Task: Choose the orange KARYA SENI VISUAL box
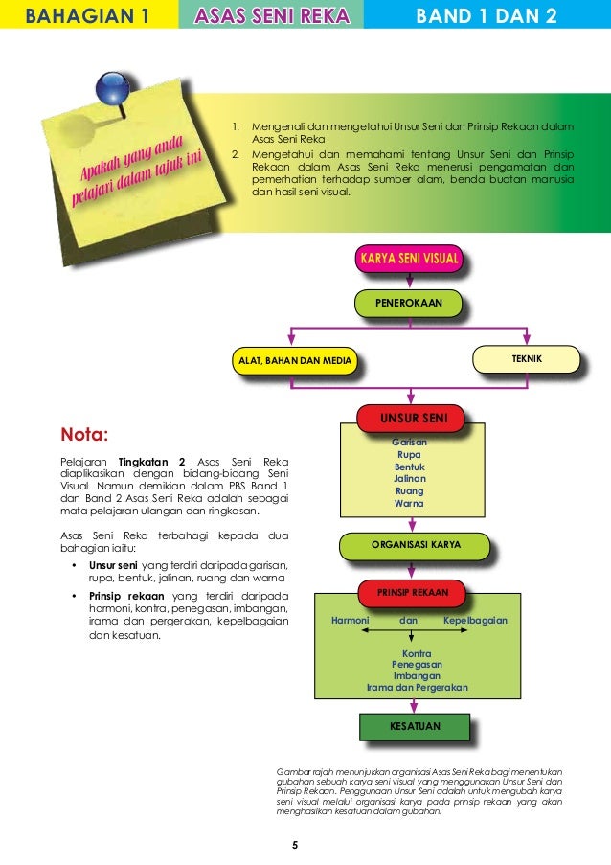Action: pos(409,258)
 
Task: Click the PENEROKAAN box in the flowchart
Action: pos(408,304)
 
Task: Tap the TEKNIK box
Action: pos(527,357)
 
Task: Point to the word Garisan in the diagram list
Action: pos(410,442)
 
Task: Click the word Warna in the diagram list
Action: pos(410,504)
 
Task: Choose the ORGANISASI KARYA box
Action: pos(416,544)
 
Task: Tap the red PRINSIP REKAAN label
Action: pos(411,593)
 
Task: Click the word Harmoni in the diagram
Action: pos(350,621)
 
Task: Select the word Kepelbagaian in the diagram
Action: pos(475,621)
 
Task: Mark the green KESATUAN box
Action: pos(415,727)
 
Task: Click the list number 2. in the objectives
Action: pos(236,152)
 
